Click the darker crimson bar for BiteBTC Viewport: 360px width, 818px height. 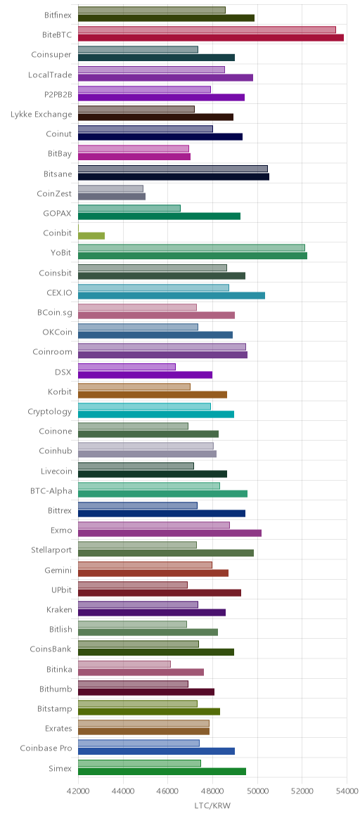[211, 37]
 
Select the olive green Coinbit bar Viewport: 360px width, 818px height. [91, 236]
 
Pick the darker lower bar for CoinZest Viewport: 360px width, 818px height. [112, 196]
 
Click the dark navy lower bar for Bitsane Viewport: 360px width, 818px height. [174, 176]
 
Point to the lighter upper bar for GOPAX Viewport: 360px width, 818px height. [129, 208]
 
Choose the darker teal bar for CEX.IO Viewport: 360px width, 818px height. [172, 295]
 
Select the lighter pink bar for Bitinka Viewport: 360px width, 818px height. [124, 664]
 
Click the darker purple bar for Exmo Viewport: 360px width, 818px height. [169, 533]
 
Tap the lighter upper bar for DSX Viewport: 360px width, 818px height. [127, 367]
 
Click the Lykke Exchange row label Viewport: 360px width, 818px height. [41, 115]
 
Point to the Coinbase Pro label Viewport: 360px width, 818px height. [46, 748]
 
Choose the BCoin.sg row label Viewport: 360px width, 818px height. [54, 313]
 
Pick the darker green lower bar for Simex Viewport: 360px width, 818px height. [162, 771]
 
